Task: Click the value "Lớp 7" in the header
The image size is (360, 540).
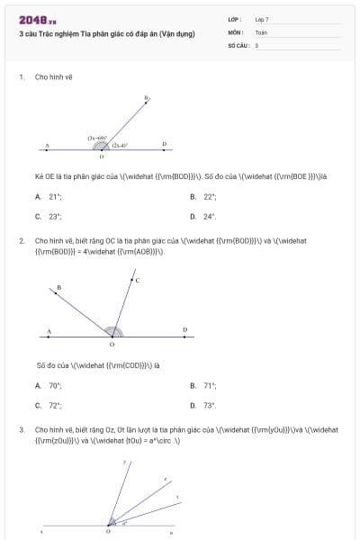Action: click(261, 19)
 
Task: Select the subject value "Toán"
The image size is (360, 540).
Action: click(261, 31)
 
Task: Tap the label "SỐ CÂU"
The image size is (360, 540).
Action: click(238, 45)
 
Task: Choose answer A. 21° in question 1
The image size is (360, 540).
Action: click(49, 196)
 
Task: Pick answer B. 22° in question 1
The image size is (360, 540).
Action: click(204, 196)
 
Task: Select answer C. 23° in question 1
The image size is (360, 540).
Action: click(49, 216)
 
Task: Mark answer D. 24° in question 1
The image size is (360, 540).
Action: click(204, 216)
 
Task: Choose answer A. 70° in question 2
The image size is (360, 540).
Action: click(49, 385)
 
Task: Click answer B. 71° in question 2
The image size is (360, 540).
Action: click(204, 385)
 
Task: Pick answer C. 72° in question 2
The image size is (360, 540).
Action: click(49, 405)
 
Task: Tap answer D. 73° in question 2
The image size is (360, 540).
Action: click(204, 405)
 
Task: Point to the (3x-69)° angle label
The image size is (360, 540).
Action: click(98, 138)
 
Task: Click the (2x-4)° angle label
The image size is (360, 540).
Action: click(120, 145)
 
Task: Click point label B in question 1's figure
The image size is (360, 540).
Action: click(147, 97)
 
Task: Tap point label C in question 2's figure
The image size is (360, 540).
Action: click(137, 281)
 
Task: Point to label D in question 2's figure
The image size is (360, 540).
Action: click(184, 329)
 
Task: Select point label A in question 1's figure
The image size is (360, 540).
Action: click(47, 145)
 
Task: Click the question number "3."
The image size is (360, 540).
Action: click(22, 430)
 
